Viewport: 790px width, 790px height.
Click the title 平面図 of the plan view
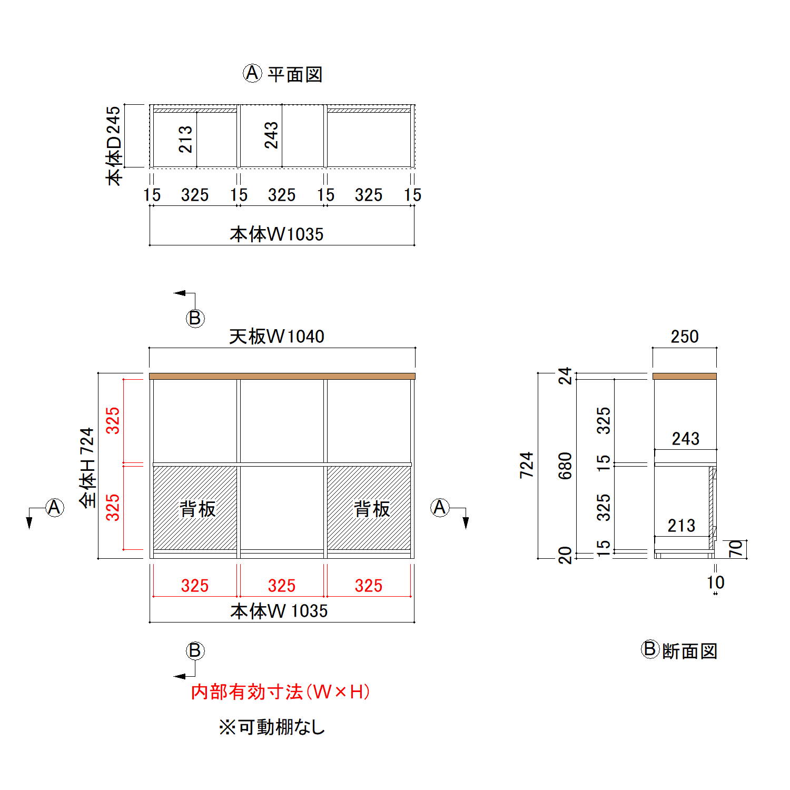pyautogui.click(x=295, y=74)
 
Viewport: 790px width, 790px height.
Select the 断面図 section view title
pyautogui.click(x=689, y=651)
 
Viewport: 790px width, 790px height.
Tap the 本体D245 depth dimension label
pyautogui.click(x=114, y=145)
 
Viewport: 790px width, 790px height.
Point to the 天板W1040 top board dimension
pyautogui.click(x=276, y=337)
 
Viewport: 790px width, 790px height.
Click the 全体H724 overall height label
pyautogui.click(x=87, y=468)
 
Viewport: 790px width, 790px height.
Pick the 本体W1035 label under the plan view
pyautogui.click(x=276, y=234)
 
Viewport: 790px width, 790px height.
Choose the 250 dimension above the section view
pyautogui.click(x=685, y=337)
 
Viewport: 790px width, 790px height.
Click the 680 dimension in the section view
pyautogui.click(x=565, y=466)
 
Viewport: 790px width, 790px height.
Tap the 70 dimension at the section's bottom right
pyautogui.click(x=736, y=549)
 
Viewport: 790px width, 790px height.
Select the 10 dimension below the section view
pyautogui.click(x=716, y=582)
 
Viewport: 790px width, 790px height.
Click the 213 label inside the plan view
pyautogui.click(x=185, y=139)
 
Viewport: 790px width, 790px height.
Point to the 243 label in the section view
pyautogui.click(x=685, y=439)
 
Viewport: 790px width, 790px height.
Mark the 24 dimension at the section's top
pyautogui.click(x=565, y=376)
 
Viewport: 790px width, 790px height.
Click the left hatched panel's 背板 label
pyautogui.click(x=197, y=509)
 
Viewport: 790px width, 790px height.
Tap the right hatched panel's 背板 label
pyautogui.click(x=372, y=509)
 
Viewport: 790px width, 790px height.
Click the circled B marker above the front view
pyautogui.click(x=195, y=318)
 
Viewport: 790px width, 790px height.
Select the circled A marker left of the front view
pyautogui.click(x=54, y=508)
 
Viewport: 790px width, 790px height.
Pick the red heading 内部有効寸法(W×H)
pyautogui.click(x=280, y=692)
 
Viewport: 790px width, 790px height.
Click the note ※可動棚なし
pyautogui.click(x=272, y=727)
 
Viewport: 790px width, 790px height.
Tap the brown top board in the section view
pyautogui.click(x=685, y=376)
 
